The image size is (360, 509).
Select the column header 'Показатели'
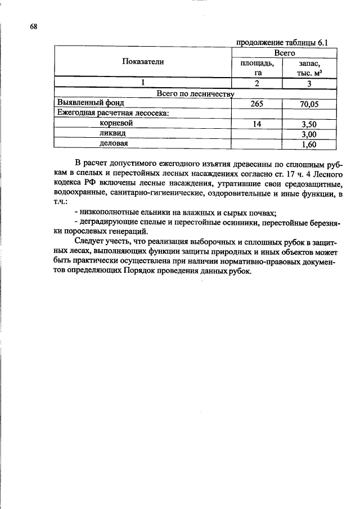click(x=143, y=62)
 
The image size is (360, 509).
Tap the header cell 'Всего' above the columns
click(x=285, y=52)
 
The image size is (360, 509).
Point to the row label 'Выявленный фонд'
click(x=89, y=103)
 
